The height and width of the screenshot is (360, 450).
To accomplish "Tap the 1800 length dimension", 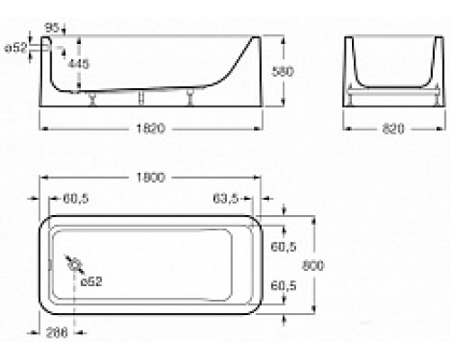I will [x=153, y=179].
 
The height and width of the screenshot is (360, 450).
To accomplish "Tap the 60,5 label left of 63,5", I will [x=76, y=197].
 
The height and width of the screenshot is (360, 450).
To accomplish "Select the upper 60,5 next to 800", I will [x=283, y=245].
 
